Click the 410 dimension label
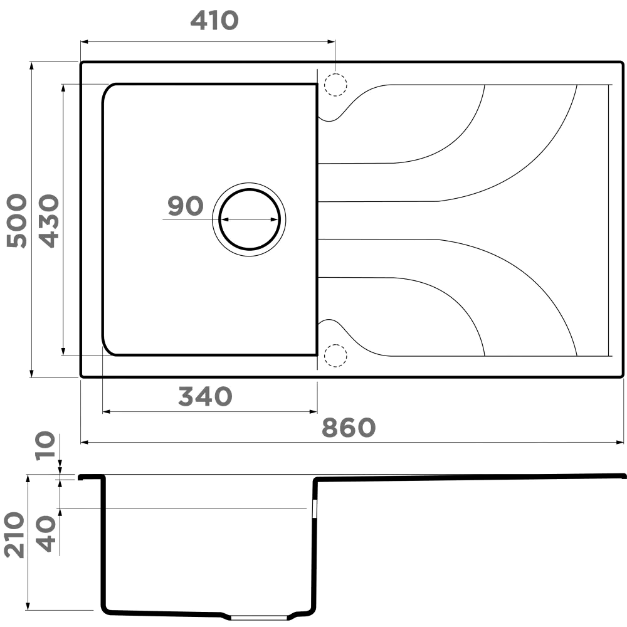[x=214, y=21]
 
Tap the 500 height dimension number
[x=17, y=221]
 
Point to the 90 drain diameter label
[x=186, y=206]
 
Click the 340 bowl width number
[x=205, y=396]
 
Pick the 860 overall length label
[x=349, y=428]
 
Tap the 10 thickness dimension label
[x=45, y=446]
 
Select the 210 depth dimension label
[x=14, y=535]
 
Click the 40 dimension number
[x=46, y=534]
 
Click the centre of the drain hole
[x=249, y=219]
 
